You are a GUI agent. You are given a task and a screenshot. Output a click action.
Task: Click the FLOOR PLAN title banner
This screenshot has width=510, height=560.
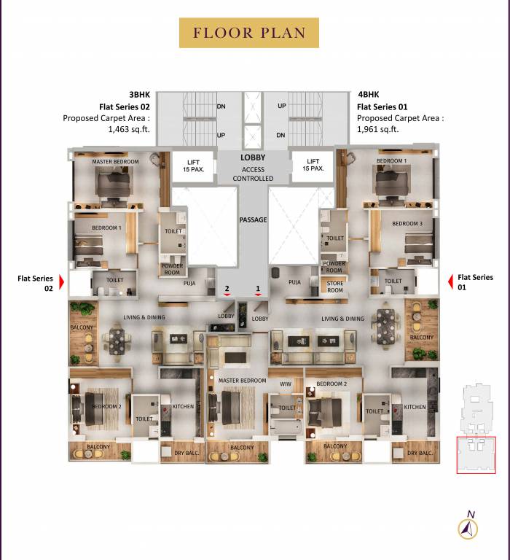pos(248,33)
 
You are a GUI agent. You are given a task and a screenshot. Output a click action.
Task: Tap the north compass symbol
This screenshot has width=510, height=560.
pos(467,526)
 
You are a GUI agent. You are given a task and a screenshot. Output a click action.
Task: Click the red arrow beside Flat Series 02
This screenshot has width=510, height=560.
pos(62,282)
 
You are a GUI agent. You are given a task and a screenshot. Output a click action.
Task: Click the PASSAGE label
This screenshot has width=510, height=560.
pos(253,219)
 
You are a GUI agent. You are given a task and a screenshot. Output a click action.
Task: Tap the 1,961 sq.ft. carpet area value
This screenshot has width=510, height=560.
pos(377,129)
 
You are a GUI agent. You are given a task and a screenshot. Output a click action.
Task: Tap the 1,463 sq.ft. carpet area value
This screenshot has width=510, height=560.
pos(129,129)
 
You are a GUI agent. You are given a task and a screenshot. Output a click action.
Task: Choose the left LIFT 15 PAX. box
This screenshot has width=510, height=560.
pos(193,166)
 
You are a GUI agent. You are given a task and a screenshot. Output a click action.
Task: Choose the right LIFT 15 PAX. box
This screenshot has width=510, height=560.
pos(313,166)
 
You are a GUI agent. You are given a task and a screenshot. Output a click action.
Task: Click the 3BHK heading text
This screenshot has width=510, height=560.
pos(139,95)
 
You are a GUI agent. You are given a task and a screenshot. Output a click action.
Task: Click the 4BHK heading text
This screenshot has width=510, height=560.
pos(368,95)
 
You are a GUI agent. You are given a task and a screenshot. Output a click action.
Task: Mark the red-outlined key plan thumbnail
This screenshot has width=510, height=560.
pos(476,455)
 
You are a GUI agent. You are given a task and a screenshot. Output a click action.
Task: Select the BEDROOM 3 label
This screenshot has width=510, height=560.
pos(407,223)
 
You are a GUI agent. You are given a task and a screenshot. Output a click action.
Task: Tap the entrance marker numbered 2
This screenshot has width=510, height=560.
pos(227,290)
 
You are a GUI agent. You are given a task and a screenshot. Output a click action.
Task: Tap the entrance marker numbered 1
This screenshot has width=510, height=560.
pos(258,290)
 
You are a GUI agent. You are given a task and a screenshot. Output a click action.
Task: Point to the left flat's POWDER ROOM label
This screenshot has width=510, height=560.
pos(173,268)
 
